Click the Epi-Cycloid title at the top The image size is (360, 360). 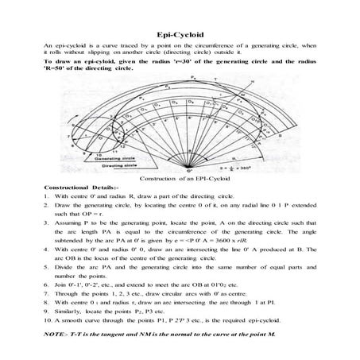tap(180, 35)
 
